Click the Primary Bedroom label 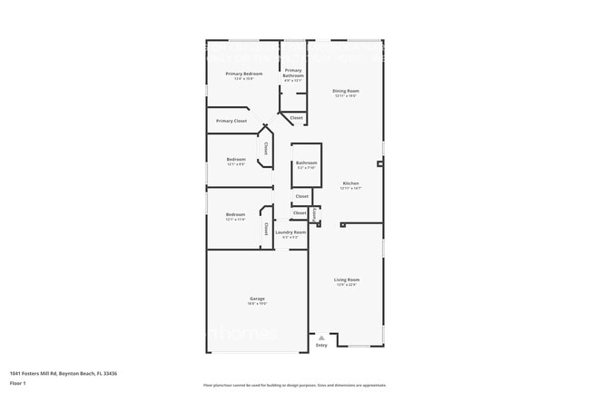click(x=243, y=74)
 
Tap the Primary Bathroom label click(x=293, y=73)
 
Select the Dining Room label click(x=346, y=91)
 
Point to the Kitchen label click(x=350, y=183)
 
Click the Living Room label click(x=346, y=280)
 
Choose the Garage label click(x=258, y=299)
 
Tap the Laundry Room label click(x=290, y=232)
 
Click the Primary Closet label click(x=231, y=121)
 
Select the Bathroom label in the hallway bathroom click(x=306, y=162)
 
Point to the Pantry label click(x=314, y=215)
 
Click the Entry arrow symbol click(x=321, y=338)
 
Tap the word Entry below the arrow click(x=321, y=345)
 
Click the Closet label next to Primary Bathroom click(x=296, y=117)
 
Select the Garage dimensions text click(x=258, y=304)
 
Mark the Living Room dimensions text click(x=346, y=285)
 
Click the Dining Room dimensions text click(x=346, y=96)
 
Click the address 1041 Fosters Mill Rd click(x=63, y=373)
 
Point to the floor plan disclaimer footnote click(x=294, y=385)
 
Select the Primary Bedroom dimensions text click(x=243, y=79)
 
